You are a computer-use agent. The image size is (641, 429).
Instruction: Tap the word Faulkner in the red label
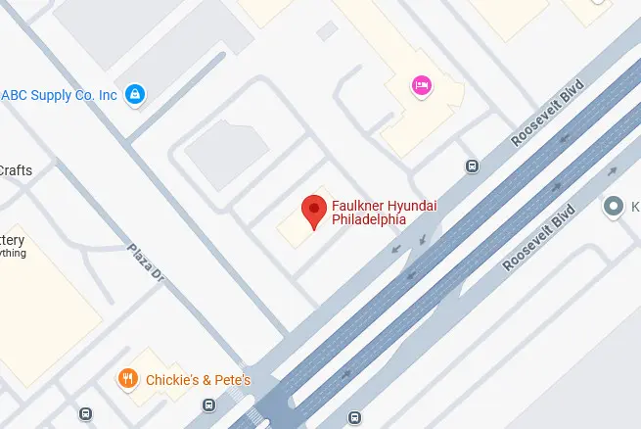click(x=355, y=205)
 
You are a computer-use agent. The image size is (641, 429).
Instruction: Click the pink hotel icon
click(x=423, y=86)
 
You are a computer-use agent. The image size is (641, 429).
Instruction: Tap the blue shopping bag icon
click(x=137, y=95)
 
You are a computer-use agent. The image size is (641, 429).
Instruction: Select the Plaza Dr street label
click(x=144, y=262)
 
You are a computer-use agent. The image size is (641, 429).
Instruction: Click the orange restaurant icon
click(x=126, y=379)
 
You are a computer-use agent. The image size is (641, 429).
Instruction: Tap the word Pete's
click(x=232, y=379)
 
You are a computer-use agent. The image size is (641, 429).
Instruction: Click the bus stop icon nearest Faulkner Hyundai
click(x=473, y=166)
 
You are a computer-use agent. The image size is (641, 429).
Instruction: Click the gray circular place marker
click(x=614, y=206)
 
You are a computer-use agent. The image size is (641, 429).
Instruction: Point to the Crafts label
click(x=16, y=170)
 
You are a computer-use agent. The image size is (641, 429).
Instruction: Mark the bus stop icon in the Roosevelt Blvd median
click(x=353, y=419)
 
